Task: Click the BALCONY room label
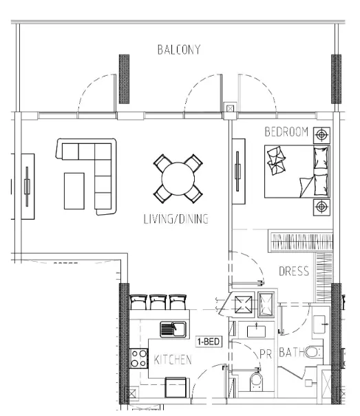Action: point(179,50)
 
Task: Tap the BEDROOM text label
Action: point(286,132)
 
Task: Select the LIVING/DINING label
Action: point(176,219)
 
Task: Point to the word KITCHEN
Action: point(173,360)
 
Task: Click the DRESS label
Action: point(294,271)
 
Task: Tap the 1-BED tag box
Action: point(209,342)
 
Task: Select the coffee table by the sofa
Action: point(74,191)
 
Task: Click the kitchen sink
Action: point(173,329)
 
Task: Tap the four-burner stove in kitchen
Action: point(138,358)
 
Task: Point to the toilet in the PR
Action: point(256,382)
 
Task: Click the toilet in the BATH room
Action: point(313,353)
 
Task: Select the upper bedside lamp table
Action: point(321,135)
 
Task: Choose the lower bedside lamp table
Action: point(321,207)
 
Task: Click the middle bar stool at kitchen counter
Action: point(158,302)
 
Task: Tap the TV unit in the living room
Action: point(28,186)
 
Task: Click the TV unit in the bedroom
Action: point(238,171)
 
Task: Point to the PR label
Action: point(266,354)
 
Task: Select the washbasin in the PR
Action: point(256,331)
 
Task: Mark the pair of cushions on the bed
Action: point(276,160)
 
